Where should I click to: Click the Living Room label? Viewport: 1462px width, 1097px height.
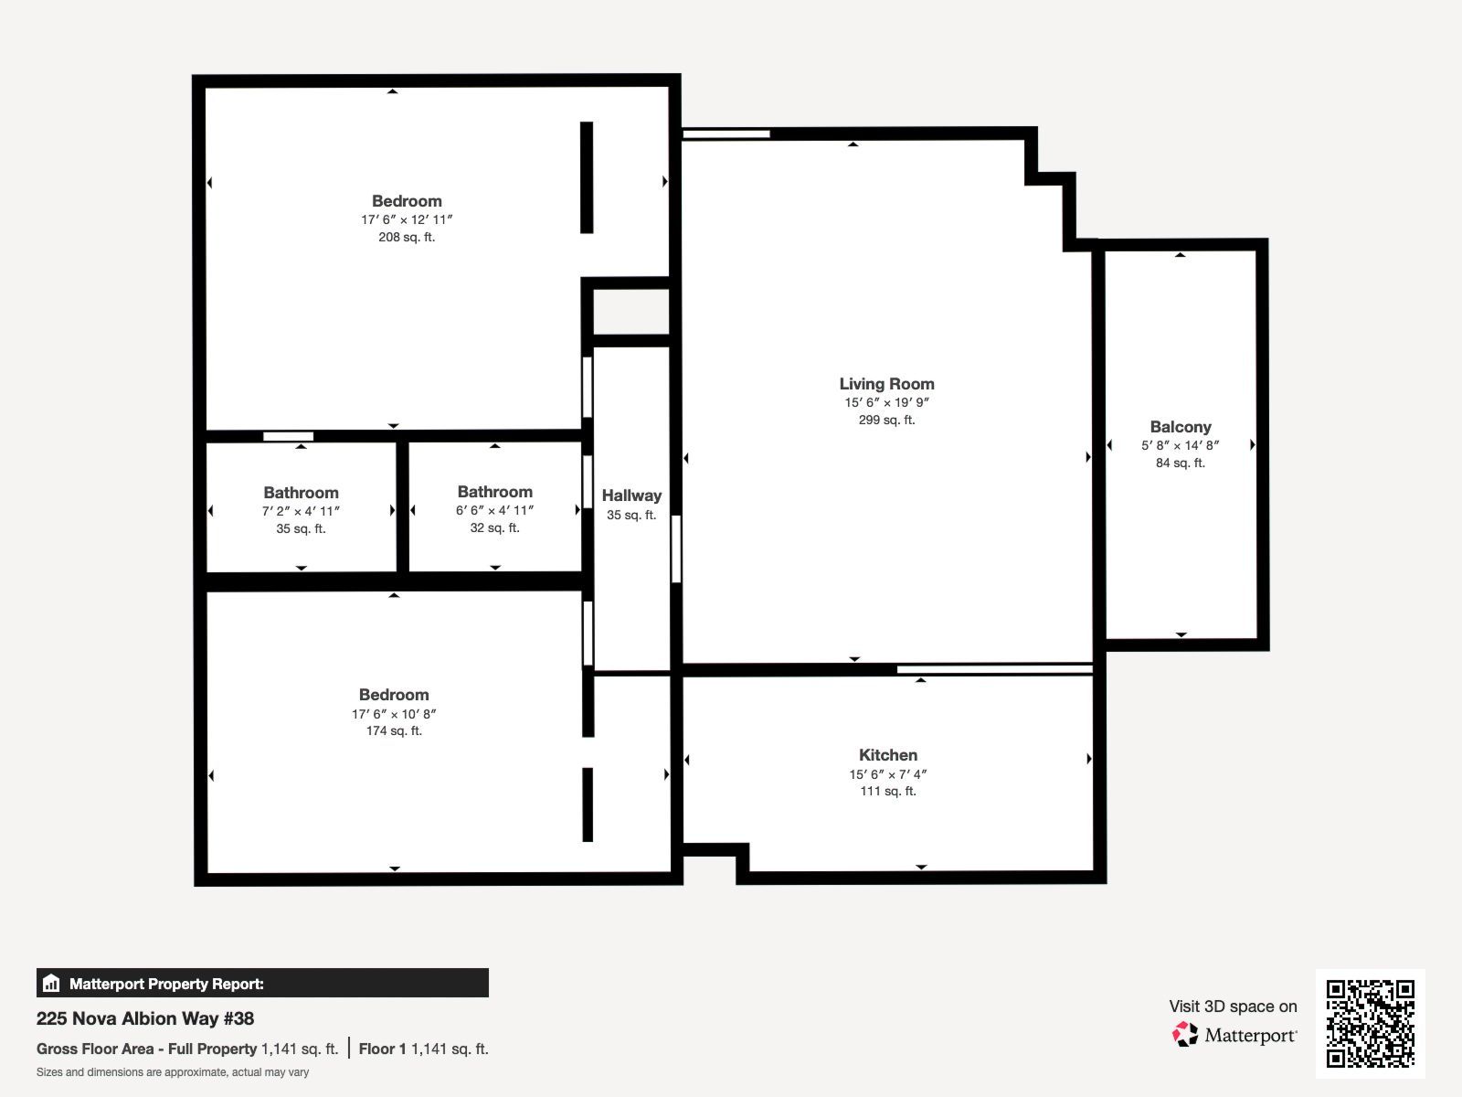(886, 384)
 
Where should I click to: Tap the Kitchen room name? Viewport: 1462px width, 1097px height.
(888, 755)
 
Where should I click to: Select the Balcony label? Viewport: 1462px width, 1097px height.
(1181, 427)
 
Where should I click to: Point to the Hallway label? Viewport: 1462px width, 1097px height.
(631, 495)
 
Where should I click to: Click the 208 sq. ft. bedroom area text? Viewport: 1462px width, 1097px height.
(407, 237)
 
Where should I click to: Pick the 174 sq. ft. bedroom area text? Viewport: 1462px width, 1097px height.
(394, 730)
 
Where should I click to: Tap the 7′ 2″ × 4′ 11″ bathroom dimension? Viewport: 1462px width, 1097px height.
(301, 511)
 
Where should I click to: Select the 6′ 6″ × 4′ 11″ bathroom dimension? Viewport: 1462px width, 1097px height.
(494, 510)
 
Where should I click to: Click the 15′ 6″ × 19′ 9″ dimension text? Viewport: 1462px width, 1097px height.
(886, 402)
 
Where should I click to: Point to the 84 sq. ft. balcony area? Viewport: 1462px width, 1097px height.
(1181, 463)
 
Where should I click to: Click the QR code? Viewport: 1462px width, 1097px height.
(1370, 1024)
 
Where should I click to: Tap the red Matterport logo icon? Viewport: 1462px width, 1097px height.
(1184, 1035)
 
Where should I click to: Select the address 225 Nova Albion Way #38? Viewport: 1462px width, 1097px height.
(145, 1018)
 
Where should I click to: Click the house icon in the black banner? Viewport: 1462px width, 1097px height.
(51, 983)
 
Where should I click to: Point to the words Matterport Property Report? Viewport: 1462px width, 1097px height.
(166, 984)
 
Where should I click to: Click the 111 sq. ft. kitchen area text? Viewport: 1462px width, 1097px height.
(888, 792)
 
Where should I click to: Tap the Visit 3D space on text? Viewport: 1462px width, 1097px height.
(1233, 1006)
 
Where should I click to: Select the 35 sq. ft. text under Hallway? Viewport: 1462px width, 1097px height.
(631, 515)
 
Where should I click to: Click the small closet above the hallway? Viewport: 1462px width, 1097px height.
(630, 312)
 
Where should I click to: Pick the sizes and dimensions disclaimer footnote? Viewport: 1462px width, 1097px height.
(173, 1072)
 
